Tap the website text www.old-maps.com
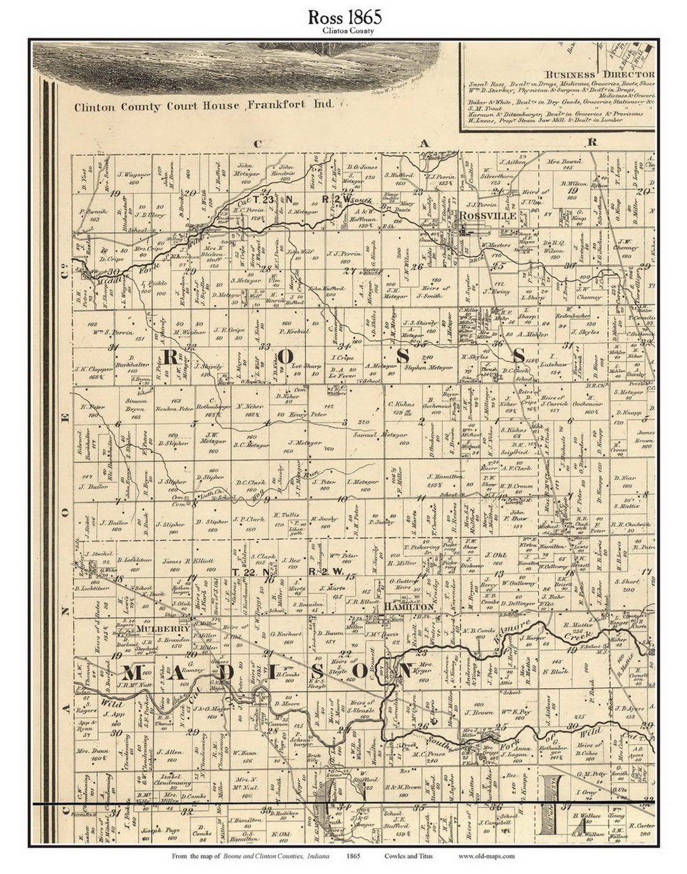(x=486, y=856)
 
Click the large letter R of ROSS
(x=173, y=357)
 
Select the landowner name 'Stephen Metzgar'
(x=428, y=368)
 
